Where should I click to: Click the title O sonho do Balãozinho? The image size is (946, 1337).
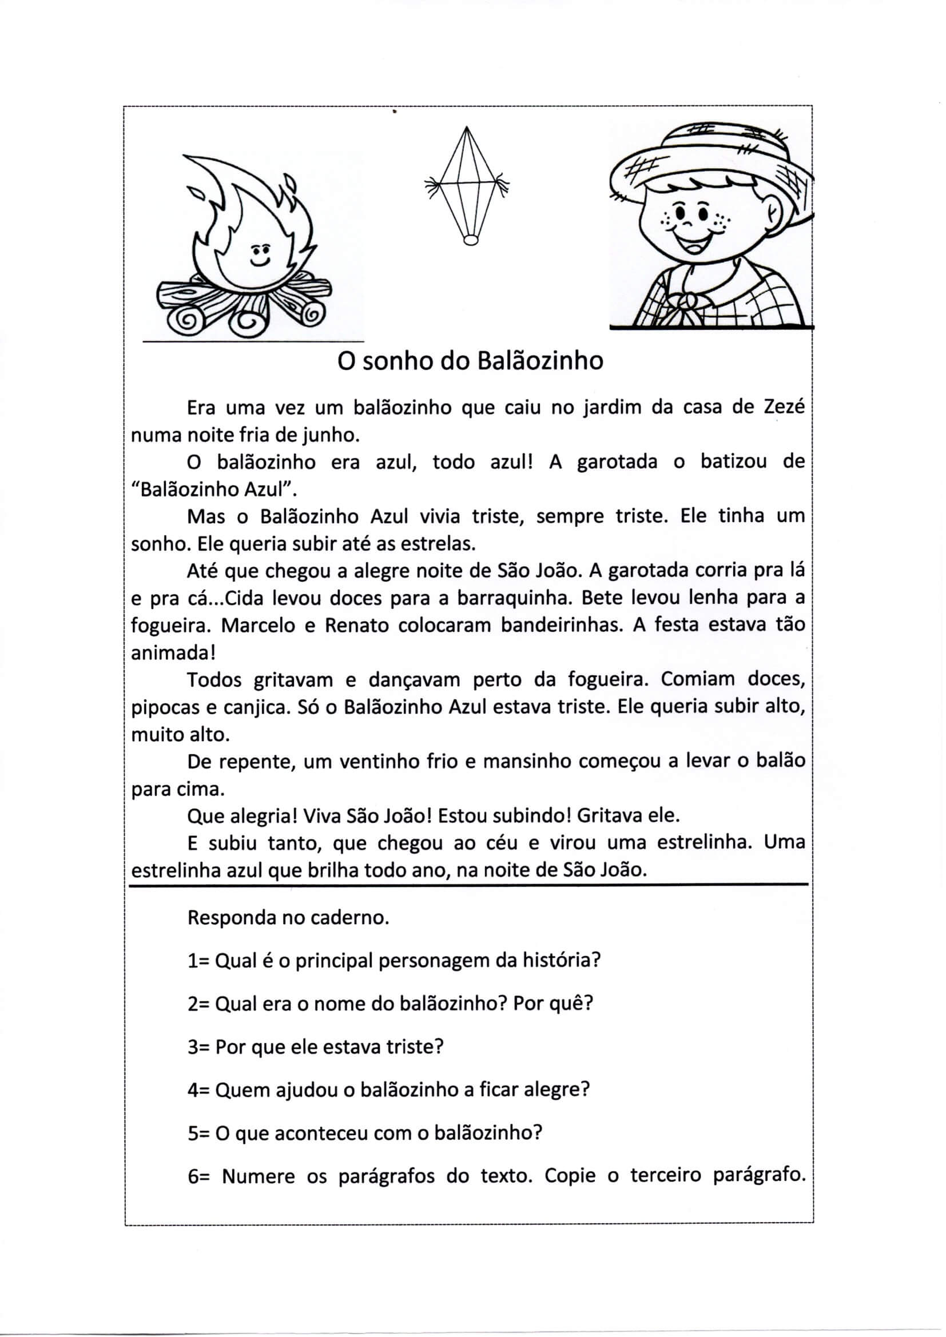[471, 361]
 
